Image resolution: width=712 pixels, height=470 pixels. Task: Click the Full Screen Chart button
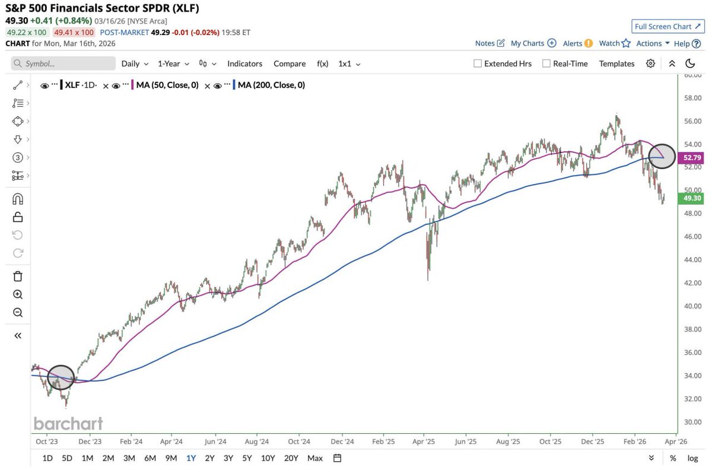click(x=666, y=26)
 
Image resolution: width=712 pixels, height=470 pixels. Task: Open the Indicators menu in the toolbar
click(x=244, y=63)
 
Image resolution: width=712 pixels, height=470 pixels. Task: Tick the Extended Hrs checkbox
click(x=478, y=63)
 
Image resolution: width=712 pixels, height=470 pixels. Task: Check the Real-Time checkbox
click(x=546, y=63)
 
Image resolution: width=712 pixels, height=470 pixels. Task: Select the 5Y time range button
click(x=247, y=458)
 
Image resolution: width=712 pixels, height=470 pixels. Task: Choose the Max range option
click(x=315, y=458)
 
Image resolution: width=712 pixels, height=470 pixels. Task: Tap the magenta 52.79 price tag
click(x=692, y=158)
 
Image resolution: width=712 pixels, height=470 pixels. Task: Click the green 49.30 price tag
click(x=692, y=198)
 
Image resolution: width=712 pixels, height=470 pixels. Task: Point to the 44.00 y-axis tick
click(x=692, y=259)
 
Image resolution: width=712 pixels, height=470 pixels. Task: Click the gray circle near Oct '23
click(x=62, y=377)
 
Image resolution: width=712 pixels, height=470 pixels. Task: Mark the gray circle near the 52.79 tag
click(x=662, y=156)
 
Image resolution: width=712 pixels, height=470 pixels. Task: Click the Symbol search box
click(x=63, y=63)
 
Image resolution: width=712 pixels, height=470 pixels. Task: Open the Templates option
click(x=616, y=63)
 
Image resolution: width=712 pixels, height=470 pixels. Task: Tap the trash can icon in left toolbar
click(x=18, y=276)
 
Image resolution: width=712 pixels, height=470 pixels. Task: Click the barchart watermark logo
click(x=68, y=423)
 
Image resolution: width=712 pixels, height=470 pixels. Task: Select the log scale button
click(x=692, y=458)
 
